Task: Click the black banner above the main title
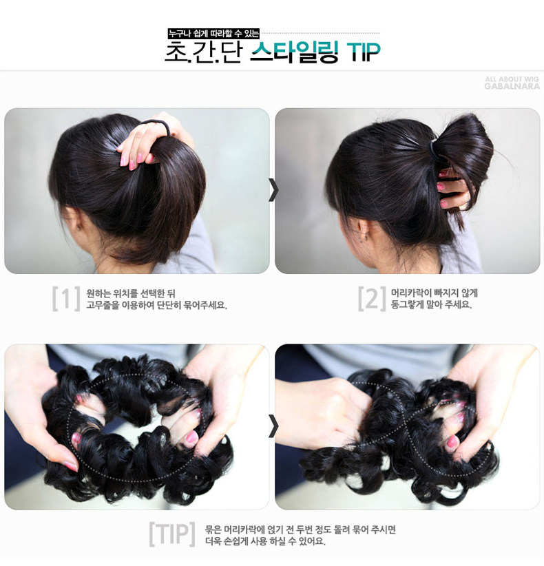click(213, 32)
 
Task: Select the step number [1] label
click(66, 298)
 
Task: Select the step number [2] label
click(371, 298)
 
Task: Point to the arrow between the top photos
click(273, 190)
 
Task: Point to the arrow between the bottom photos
click(273, 427)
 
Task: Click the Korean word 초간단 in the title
click(203, 52)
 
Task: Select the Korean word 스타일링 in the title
click(293, 52)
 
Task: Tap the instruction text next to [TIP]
click(300, 535)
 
